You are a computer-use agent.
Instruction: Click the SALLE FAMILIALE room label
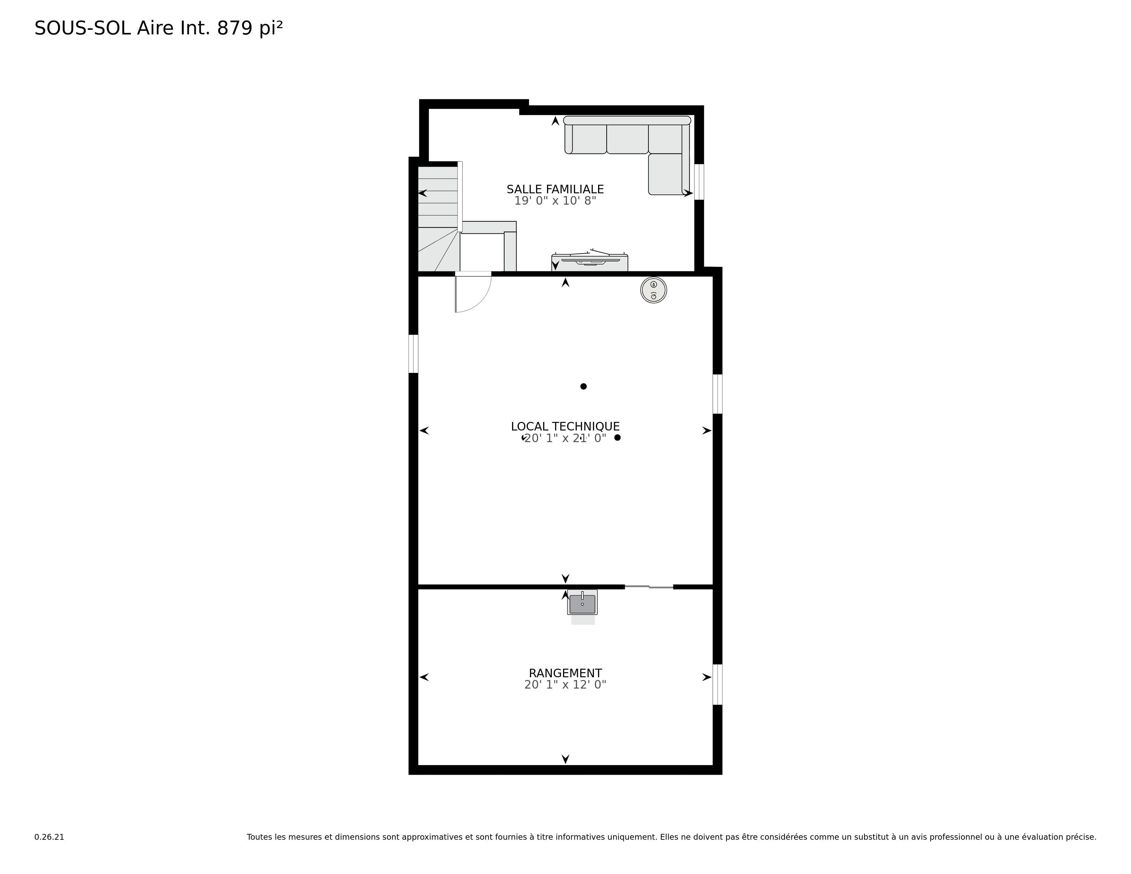click(555, 190)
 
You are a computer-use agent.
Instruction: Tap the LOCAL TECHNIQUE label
click(565, 427)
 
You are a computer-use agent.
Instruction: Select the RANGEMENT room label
click(565, 673)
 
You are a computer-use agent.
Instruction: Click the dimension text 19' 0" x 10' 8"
click(555, 201)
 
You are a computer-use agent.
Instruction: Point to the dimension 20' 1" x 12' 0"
click(565, 684)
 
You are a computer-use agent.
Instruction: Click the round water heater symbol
click(654, 290)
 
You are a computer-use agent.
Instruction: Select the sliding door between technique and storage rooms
click(649, 587)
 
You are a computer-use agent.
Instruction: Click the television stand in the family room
click(590, 263)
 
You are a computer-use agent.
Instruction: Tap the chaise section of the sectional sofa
click(666, 174)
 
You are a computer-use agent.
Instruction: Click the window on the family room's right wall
click(699, 182)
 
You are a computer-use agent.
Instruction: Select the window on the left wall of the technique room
click(413, 354)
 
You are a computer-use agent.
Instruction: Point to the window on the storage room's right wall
click(718, 684)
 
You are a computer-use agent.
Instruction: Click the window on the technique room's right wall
click(718, 394)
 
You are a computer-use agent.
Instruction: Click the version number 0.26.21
click(49, 837)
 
